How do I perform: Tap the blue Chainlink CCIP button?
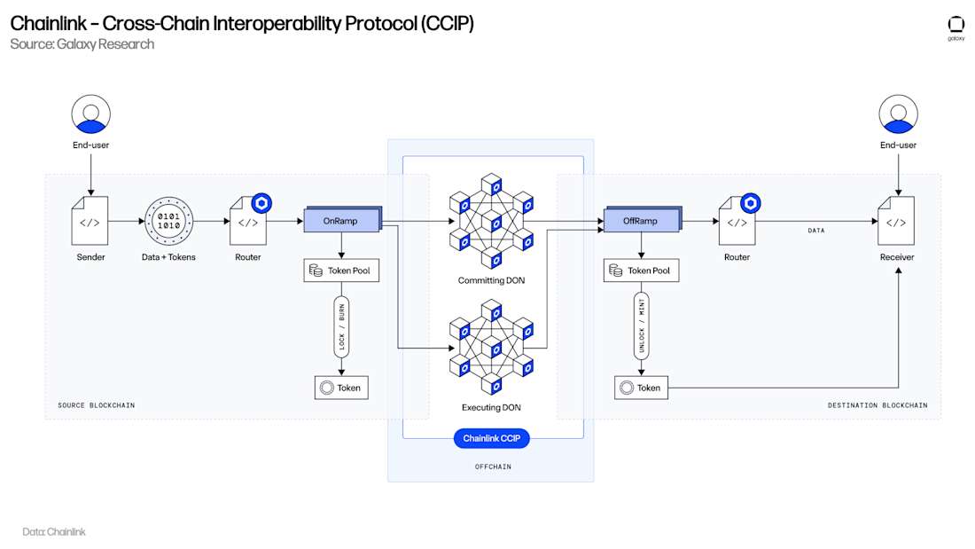490,438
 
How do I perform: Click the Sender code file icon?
90,221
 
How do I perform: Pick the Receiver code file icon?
897,221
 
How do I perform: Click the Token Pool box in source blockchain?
341,271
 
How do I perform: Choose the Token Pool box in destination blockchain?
642,271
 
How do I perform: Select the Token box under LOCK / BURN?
341,388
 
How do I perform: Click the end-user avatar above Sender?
90,114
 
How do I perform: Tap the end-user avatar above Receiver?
897,114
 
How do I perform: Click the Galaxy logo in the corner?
955,27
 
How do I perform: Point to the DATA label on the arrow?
815,230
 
